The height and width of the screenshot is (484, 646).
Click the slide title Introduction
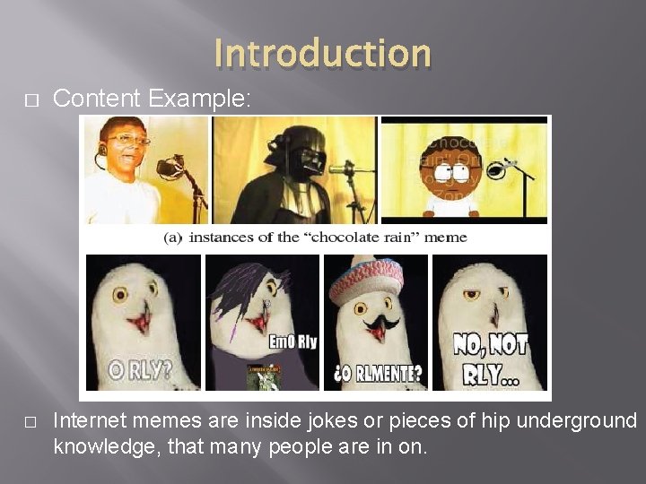point(323,53)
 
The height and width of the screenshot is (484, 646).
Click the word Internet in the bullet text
point(88,420)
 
